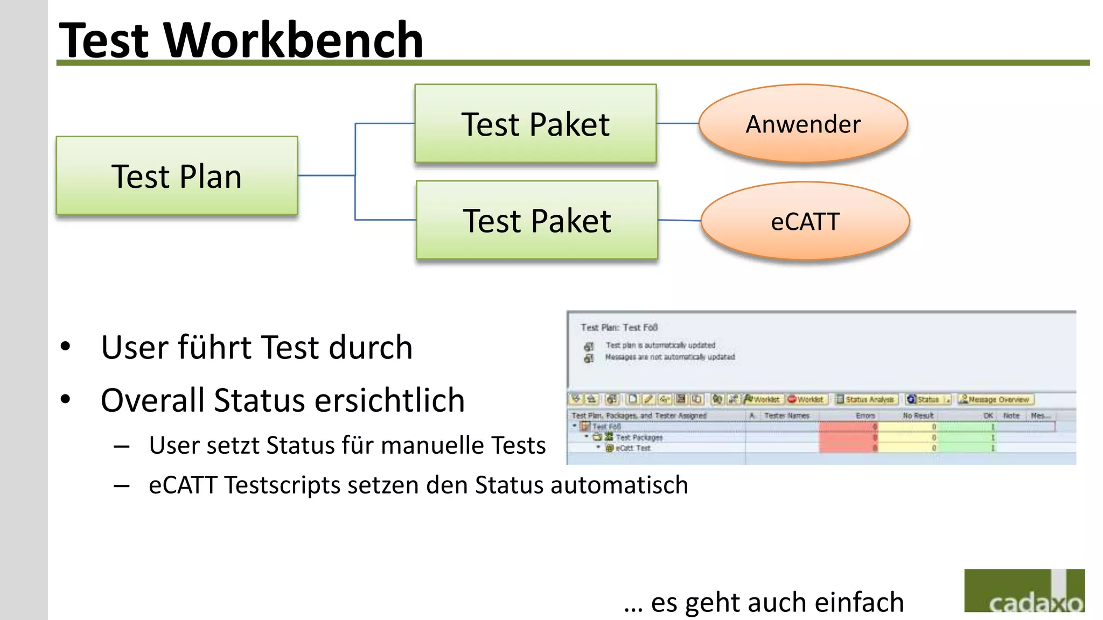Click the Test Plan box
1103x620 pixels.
[177, 176]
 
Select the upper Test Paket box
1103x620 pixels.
[535, 124]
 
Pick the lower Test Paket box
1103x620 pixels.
[537, 220]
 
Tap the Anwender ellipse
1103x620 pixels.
[803, 124]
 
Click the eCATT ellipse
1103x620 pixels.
[805, 221]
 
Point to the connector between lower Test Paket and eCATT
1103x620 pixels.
[679, 220]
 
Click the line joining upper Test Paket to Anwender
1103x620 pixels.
[678, 124]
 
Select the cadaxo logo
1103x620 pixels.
[1024, 591]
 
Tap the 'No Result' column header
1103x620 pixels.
[918, 415]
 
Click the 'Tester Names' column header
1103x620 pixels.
[786, 415]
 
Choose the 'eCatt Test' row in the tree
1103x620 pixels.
[633, 448]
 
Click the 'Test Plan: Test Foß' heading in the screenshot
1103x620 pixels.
[619, 327]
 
